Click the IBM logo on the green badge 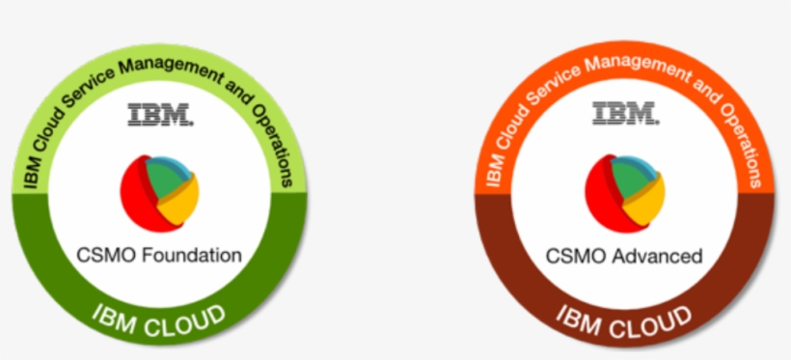tap(160, 116)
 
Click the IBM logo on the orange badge tap(625, 114)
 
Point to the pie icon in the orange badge tap(625, 191)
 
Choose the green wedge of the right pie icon tap(630, 177)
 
